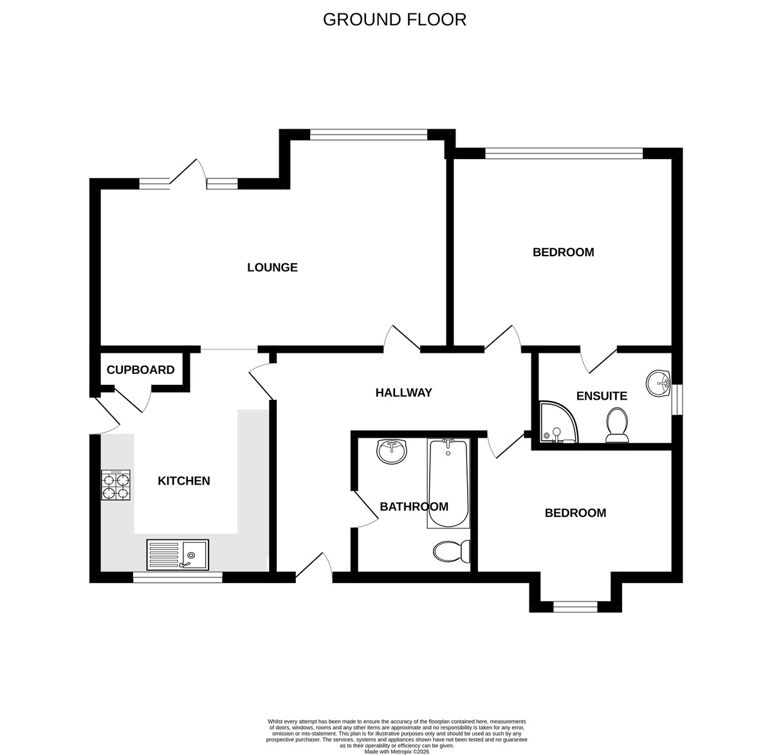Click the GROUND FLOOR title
pyautogui.click(x=394, y=19)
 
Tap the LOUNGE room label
pyautogui.click(x=272, y=268)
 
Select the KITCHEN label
pyautogui.click(x=184, y=481)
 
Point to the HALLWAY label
pyautogui.click(x=403, y=393)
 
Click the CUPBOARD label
pyautogui.click(x=140, y=370)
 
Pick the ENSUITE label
pyautogui.click(x=602, y=396)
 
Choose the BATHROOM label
pyautogui.click(x=414, y=507)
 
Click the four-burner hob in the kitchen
pyautogui.click(x=116, y=485)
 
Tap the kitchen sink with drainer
pyautogui.click(x=178, y=555)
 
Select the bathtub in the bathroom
pyautogui.click(x=448, y=483)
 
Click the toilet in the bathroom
pyautogui.click(x=452, y=552)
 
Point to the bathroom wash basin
pyautogui.click(x=392, y=451)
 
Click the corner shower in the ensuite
pyautogui.click(x=558, y=422)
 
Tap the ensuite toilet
pyautogui.click(x=617, y=425)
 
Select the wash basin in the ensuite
pyautogui.click(x=658, y=384)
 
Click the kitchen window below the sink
pyautogui.click(x=178, y=577)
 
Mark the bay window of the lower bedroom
pyautogui.click(x=575, y=607)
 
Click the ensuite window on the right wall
pyautogui.click(x=677, y=400)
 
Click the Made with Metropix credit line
pyautogui.click(x=396, y=751)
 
